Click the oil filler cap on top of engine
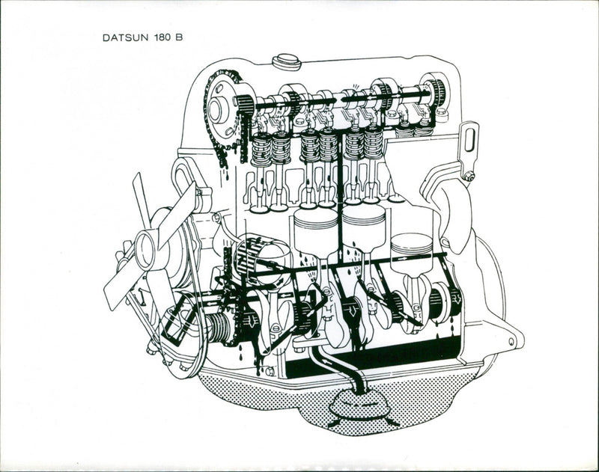point(286,61)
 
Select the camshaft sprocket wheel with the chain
point(221,108)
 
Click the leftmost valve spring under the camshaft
point(261,149)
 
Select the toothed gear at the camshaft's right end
point(434,91)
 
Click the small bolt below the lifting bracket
point(469,177)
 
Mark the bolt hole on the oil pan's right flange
point(512,342)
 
